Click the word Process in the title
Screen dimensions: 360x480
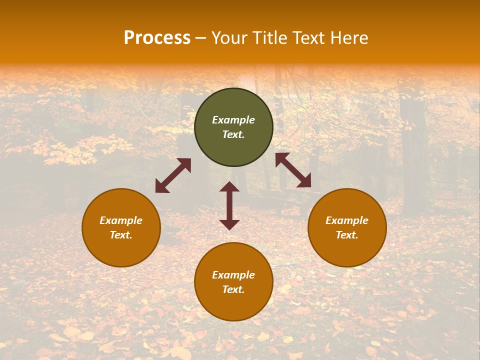[157, 38]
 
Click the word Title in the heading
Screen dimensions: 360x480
[270, 38]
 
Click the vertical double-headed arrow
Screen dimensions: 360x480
[229, 205]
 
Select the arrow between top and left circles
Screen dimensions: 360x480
[173, 175]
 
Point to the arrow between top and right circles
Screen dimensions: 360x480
[293, 170]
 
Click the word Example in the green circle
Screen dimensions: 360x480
[233, 120]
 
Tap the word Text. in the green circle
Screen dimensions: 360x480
[233, 134]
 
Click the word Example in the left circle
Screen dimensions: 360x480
[121, 220]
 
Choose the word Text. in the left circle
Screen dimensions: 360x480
[121, 235]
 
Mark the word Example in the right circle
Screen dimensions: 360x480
[347, 220]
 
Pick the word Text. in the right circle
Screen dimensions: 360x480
[347, 235]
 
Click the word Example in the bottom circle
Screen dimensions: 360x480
[233, 275]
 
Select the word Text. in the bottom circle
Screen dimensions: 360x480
[233, 289]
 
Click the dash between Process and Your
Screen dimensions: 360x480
[201, 39]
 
